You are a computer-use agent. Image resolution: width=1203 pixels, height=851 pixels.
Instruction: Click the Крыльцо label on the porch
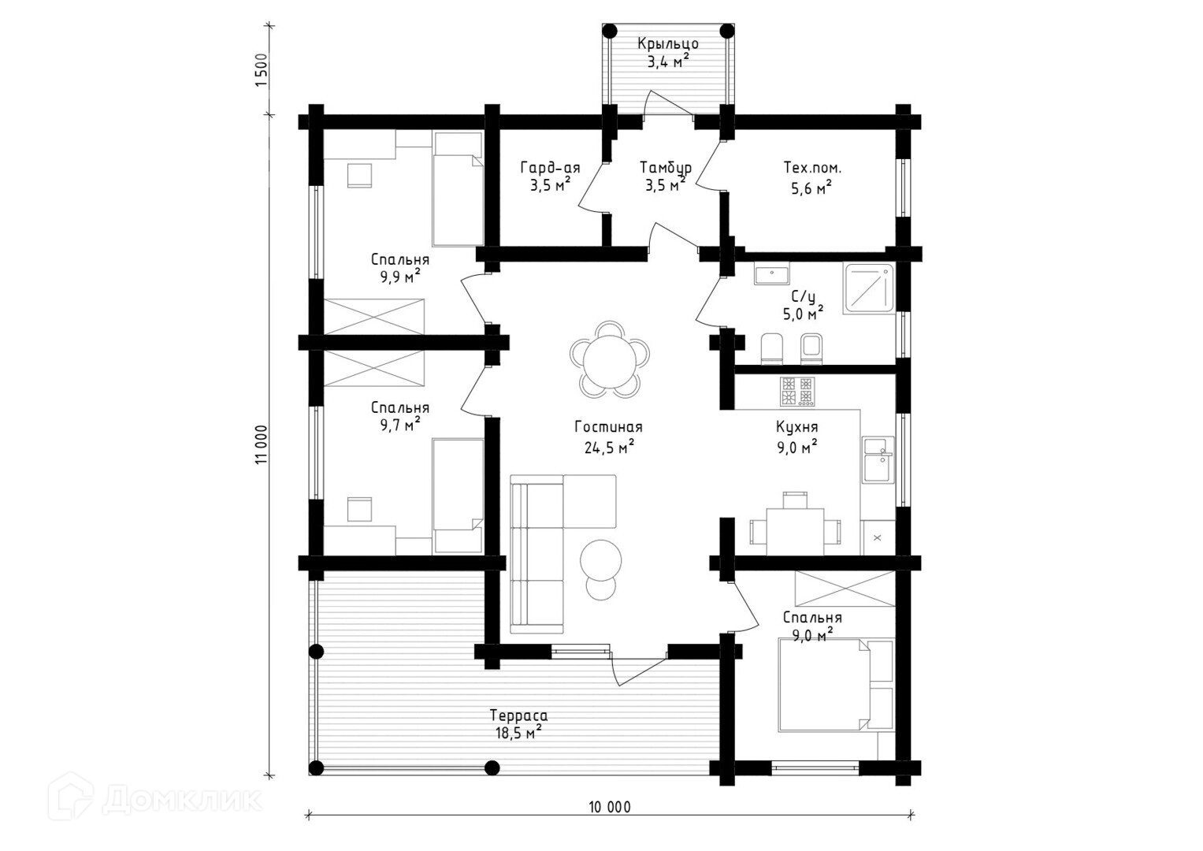click(x=667, y=44)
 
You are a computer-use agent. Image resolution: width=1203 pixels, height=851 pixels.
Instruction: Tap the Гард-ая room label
click(x=550, y=168)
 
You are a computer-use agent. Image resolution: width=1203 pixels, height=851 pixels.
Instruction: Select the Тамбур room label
click(x=665, y=168)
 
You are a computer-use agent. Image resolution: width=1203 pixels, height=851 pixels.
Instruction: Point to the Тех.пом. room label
click(x=811, y=168)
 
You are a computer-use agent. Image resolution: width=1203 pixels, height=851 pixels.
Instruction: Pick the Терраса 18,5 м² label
click(x=518, y=724)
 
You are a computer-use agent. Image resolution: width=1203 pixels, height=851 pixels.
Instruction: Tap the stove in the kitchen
click(x=796, y=391)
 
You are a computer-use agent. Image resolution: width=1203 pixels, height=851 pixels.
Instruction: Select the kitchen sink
click(x=877, y=459)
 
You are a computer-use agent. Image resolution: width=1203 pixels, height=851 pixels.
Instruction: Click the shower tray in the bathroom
click(x=869, y=288)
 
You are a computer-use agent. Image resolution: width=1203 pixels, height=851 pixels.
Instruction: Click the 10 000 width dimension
click(x=609, y=806)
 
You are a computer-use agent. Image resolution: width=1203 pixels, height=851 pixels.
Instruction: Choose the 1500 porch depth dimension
click(x=262, y=70)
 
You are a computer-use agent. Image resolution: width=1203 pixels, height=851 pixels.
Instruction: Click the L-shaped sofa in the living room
click(x=551, y=544)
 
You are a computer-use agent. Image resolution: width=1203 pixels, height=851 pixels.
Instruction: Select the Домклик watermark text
click(x=181, y=800)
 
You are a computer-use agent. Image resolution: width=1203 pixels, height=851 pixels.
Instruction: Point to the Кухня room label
click(x=796, y=427)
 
